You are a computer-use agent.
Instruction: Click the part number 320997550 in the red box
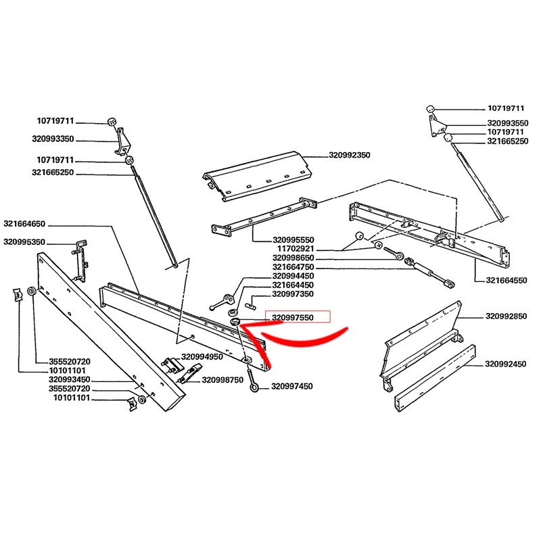[x=294, y=316]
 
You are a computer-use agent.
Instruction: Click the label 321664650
[x=24, y=224]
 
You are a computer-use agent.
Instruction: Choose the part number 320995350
[x=24, y=241]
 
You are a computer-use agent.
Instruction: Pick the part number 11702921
[x=296, y=249]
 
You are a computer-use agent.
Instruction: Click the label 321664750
[x=294, y=268]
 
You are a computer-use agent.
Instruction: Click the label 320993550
[x=507, y=124]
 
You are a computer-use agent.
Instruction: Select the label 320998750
[x=222, y=380]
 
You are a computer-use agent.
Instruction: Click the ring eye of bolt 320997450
[x=255, y=388]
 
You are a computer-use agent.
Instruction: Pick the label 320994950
[x=202, y=356]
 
